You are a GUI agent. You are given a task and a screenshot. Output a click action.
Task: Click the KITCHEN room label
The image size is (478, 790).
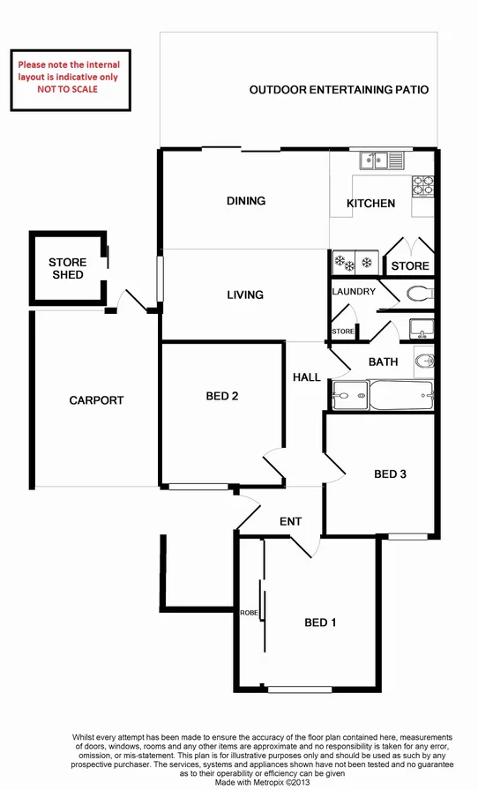click(370, 204)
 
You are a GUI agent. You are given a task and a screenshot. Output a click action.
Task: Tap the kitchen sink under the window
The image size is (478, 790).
click(380, 160)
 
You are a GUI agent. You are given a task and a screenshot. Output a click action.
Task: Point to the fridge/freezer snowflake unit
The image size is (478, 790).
click(354, 263)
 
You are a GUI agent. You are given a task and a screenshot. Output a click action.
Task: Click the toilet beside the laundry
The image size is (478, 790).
click(420, 293)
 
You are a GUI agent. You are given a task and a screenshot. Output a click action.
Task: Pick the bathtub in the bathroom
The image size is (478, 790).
click(400, 394)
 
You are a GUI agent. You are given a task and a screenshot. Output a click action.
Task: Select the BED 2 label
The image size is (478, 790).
click(222, 396)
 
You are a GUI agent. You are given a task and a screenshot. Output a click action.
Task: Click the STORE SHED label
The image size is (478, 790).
click(67, 269)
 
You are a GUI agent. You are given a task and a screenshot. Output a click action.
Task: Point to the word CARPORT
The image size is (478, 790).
click(96, 400)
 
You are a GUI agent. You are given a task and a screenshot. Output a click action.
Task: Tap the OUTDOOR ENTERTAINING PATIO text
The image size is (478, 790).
click(339, 90)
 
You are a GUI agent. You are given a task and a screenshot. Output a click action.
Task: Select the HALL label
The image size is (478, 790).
click(307, 377)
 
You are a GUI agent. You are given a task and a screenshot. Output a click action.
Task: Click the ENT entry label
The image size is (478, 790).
click(291, 522)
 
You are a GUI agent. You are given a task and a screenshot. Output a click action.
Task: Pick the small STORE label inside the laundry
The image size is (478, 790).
click(343, 332)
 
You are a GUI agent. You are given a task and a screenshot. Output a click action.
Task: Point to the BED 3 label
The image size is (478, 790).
click(390, 474)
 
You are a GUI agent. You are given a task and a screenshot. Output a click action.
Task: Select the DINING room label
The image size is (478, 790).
click(246, 201)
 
